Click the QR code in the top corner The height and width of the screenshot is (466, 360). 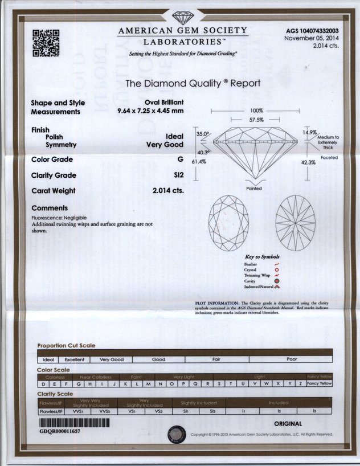point(46,43)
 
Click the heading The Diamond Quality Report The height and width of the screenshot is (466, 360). point(193,83)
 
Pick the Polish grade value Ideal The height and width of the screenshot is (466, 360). point(174,137)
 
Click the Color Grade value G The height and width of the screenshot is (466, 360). point(180,160)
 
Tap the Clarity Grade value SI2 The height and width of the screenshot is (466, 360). point(178,175)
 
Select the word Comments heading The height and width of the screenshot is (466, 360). point(50,208)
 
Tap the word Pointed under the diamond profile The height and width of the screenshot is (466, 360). point(254,188)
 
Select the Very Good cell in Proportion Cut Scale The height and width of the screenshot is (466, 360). point(112,359)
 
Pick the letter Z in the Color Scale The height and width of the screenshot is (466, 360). point(300,383)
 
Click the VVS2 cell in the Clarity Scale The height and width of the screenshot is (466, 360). point(104,410)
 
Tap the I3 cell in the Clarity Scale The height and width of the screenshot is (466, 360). point(314,410)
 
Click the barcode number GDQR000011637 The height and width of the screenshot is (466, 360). point(60,432)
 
